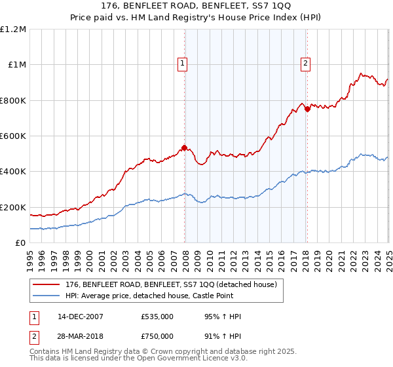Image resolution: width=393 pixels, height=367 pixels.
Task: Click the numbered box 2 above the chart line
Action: click(x=306, y=64)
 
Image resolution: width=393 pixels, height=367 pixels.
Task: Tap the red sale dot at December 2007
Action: click(x=185, y=147)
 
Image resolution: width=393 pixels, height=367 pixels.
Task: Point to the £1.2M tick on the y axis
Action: click(x=13, y=29)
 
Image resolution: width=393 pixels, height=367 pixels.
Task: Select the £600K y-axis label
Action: click(x=13, y=136)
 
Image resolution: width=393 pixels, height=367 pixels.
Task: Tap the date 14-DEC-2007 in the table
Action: click(x=80, y=317)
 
